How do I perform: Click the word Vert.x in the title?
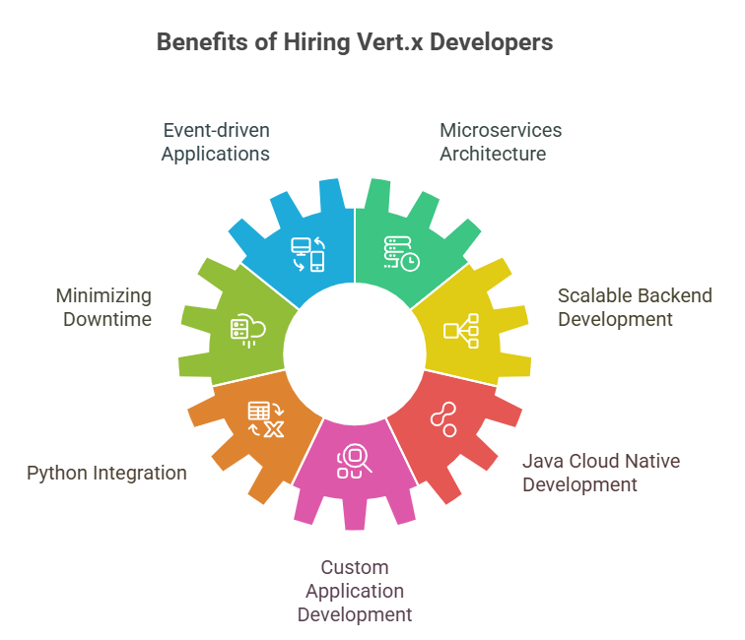click(389, 42)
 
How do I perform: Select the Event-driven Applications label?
click(216, 142)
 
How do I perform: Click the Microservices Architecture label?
click(501, 142)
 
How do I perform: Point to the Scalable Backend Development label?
click(635, 307)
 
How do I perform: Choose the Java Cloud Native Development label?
click(601, 473)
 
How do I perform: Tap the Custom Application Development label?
click(355, 591)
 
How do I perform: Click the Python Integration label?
click(106, 474)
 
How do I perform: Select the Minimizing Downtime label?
click(104, 307)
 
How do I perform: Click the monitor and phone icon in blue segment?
click(307, 254)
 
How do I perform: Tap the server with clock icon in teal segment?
click(401, 254)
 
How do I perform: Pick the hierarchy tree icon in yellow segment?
click(461, 331)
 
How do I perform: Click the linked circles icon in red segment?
click(443, 419)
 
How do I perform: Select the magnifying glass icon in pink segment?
click(355, 461)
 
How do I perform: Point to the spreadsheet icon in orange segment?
click(266, 419)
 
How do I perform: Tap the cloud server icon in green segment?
click(248, 331)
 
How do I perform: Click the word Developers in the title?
click(492, 42)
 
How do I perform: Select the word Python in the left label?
click(57, 474)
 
